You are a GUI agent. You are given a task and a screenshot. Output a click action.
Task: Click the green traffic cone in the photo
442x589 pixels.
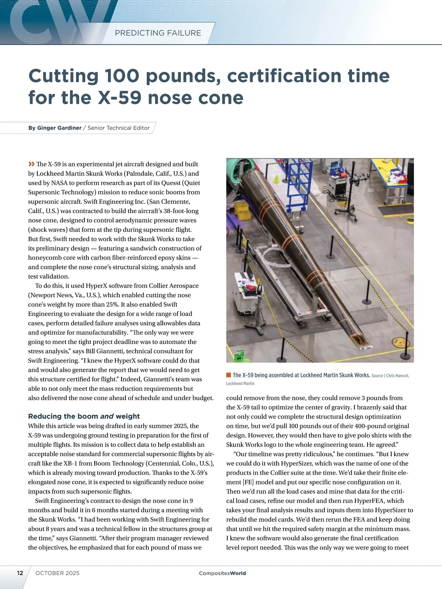tap(276, 179)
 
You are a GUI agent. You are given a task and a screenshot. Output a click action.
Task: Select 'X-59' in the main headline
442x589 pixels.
tap(120, 98)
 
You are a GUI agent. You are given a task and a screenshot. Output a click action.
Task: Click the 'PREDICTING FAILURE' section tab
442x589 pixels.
tap(158, 33)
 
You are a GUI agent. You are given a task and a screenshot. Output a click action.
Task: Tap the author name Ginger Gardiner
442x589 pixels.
tap(59, 128)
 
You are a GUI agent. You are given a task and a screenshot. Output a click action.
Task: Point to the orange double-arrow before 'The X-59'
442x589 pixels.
tap(31, 164)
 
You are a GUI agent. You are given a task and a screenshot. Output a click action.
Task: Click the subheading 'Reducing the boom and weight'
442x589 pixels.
tap(84, 416)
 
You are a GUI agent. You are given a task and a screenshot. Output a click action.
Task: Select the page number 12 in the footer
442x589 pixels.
tap(20, 573)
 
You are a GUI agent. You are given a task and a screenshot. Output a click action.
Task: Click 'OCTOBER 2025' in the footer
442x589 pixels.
tap(57, 573)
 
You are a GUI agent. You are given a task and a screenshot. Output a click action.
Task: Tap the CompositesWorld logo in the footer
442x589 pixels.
tap(222, 573)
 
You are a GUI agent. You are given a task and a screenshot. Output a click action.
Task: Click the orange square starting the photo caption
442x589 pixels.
tap(228, 375)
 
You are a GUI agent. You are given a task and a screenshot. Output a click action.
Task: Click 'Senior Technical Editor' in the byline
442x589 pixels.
tap(119, 128)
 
